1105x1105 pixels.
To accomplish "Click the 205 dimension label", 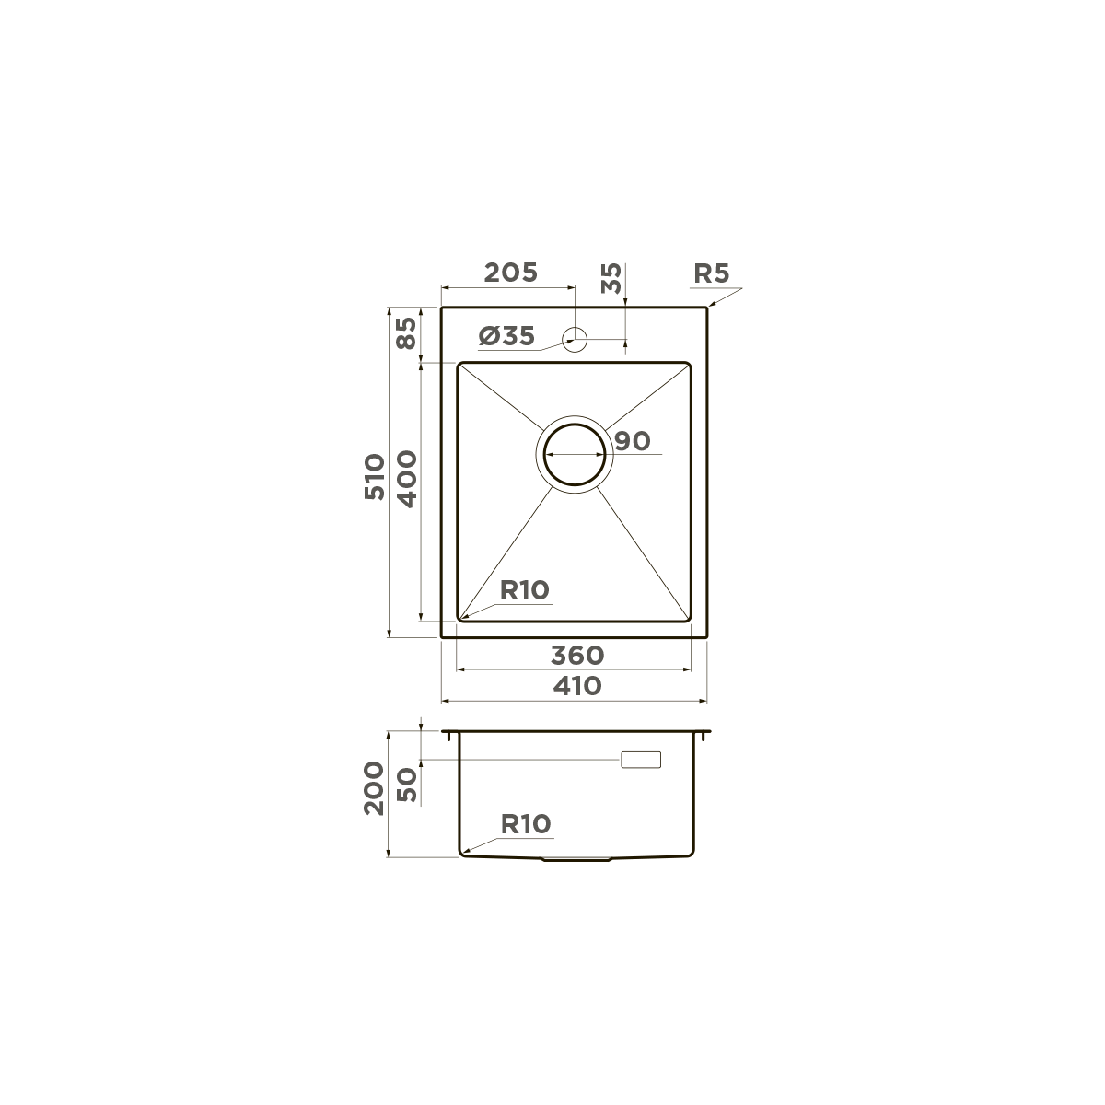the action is pos(510,273).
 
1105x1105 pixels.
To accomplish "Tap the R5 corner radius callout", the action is pos(711,273).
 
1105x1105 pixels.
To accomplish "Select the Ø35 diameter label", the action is pos(506,336).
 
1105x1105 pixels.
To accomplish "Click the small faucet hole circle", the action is pos(575,340).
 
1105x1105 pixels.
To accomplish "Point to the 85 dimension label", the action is pos(406,333).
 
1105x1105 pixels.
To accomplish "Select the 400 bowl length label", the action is pos(407,479).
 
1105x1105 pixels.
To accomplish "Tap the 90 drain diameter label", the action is pos(633,441).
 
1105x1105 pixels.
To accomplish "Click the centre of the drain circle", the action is pos(575,454).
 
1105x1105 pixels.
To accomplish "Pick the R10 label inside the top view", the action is pos(525,589).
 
